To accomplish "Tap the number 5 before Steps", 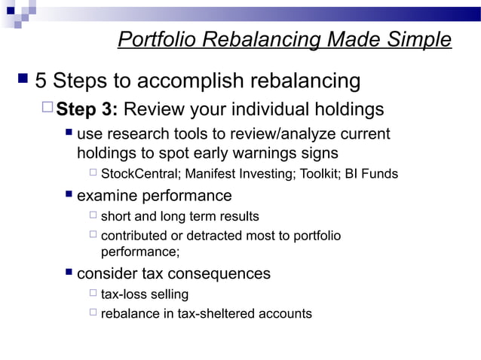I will tap(43, 80).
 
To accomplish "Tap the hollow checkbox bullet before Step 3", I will tap(48, 109).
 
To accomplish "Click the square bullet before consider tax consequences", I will tap(69, 272).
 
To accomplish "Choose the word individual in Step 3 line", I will tap(261, 110).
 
